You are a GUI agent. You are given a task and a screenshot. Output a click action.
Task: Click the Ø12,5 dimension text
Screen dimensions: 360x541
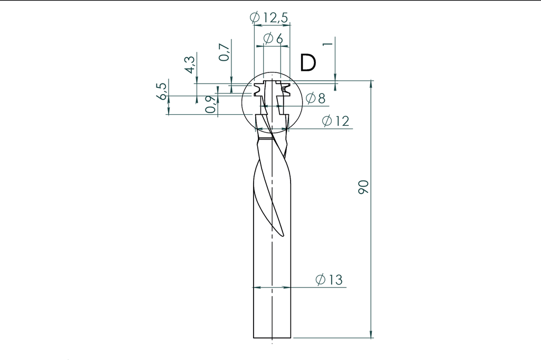(269, 17)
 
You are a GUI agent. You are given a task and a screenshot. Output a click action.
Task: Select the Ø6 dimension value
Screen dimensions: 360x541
(273, 39)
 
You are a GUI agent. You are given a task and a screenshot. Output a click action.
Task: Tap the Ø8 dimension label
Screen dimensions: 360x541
(315, 98)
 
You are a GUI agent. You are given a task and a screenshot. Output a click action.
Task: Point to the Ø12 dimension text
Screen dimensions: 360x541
(335, 121)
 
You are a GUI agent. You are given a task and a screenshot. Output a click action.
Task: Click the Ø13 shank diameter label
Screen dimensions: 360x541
(329, 280)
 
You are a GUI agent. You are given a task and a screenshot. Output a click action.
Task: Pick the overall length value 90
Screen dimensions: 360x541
(363, 187)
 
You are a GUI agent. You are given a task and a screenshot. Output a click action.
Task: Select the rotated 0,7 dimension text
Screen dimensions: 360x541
(225, 52)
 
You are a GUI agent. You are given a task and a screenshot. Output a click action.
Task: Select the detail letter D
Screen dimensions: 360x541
(307, 62)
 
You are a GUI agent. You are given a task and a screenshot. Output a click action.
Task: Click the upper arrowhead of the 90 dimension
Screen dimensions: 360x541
(371, 84)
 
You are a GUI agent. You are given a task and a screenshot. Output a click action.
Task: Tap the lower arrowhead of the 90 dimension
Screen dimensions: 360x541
(371, 334)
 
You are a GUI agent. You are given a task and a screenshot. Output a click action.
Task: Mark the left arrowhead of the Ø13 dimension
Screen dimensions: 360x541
(257, 288)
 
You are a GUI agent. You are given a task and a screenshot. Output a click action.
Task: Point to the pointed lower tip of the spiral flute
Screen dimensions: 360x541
(283, 235)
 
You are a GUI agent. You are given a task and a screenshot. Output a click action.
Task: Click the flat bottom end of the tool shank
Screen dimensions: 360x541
(272, 337)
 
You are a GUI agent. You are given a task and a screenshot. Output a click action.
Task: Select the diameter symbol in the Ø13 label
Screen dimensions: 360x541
(321, 280)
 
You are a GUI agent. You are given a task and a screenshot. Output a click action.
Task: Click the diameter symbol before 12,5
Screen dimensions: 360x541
(255, 17)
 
